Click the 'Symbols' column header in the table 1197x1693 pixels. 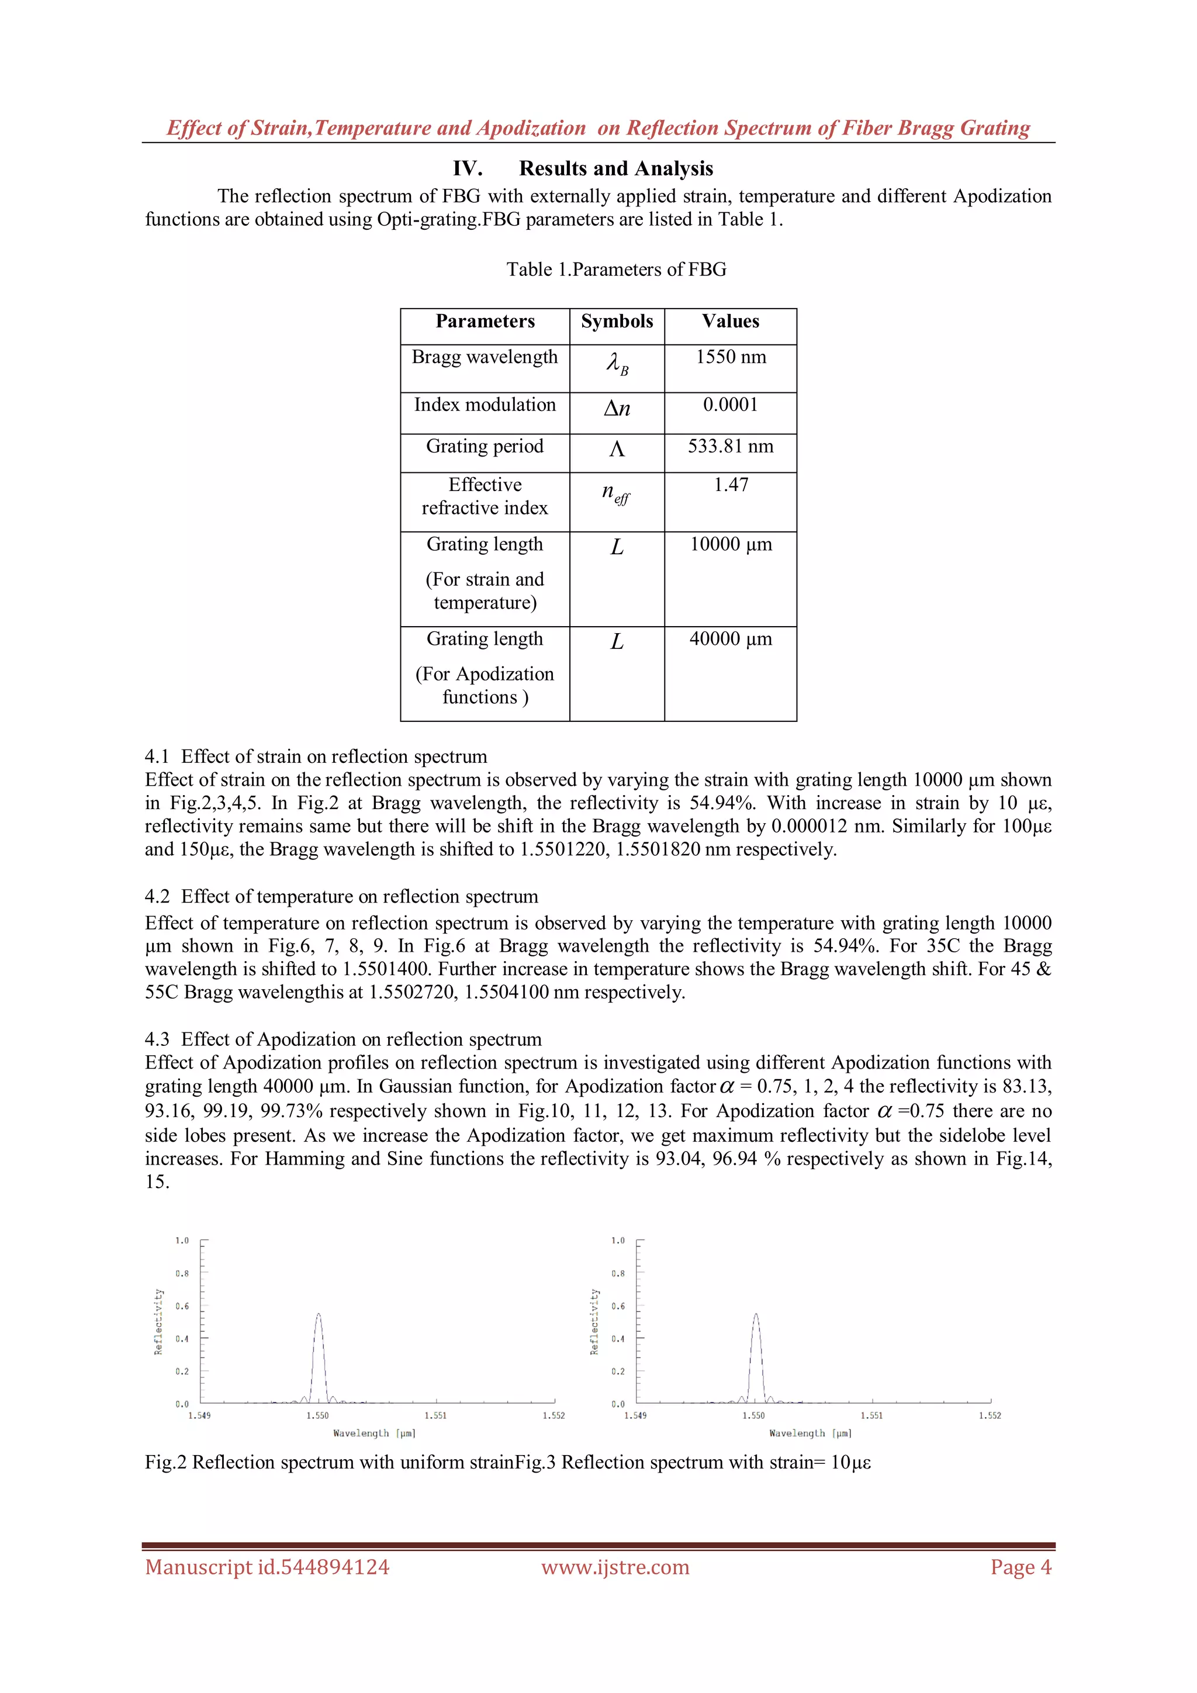coord(617,322)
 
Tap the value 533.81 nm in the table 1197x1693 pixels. coord(731,446)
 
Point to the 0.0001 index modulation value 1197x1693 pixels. coord(731,405)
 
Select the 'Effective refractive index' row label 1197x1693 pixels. coord(485,496)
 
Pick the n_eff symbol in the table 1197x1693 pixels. coord(616,493)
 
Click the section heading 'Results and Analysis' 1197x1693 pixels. coord(615,169)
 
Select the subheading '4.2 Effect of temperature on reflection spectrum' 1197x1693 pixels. coord(341,896)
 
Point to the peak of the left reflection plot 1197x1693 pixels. coord(319,1314)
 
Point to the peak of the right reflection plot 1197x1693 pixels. coord(756,1314)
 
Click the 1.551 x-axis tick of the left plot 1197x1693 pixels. coord(435,1415)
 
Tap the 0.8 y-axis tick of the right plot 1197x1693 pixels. coord(618,1273)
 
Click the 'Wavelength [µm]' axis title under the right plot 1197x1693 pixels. coord(810,1433)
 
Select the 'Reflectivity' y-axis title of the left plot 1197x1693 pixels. coord(158,1322)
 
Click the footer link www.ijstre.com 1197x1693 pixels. coord(615,1567)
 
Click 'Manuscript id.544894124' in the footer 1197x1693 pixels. coord(267,1567)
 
